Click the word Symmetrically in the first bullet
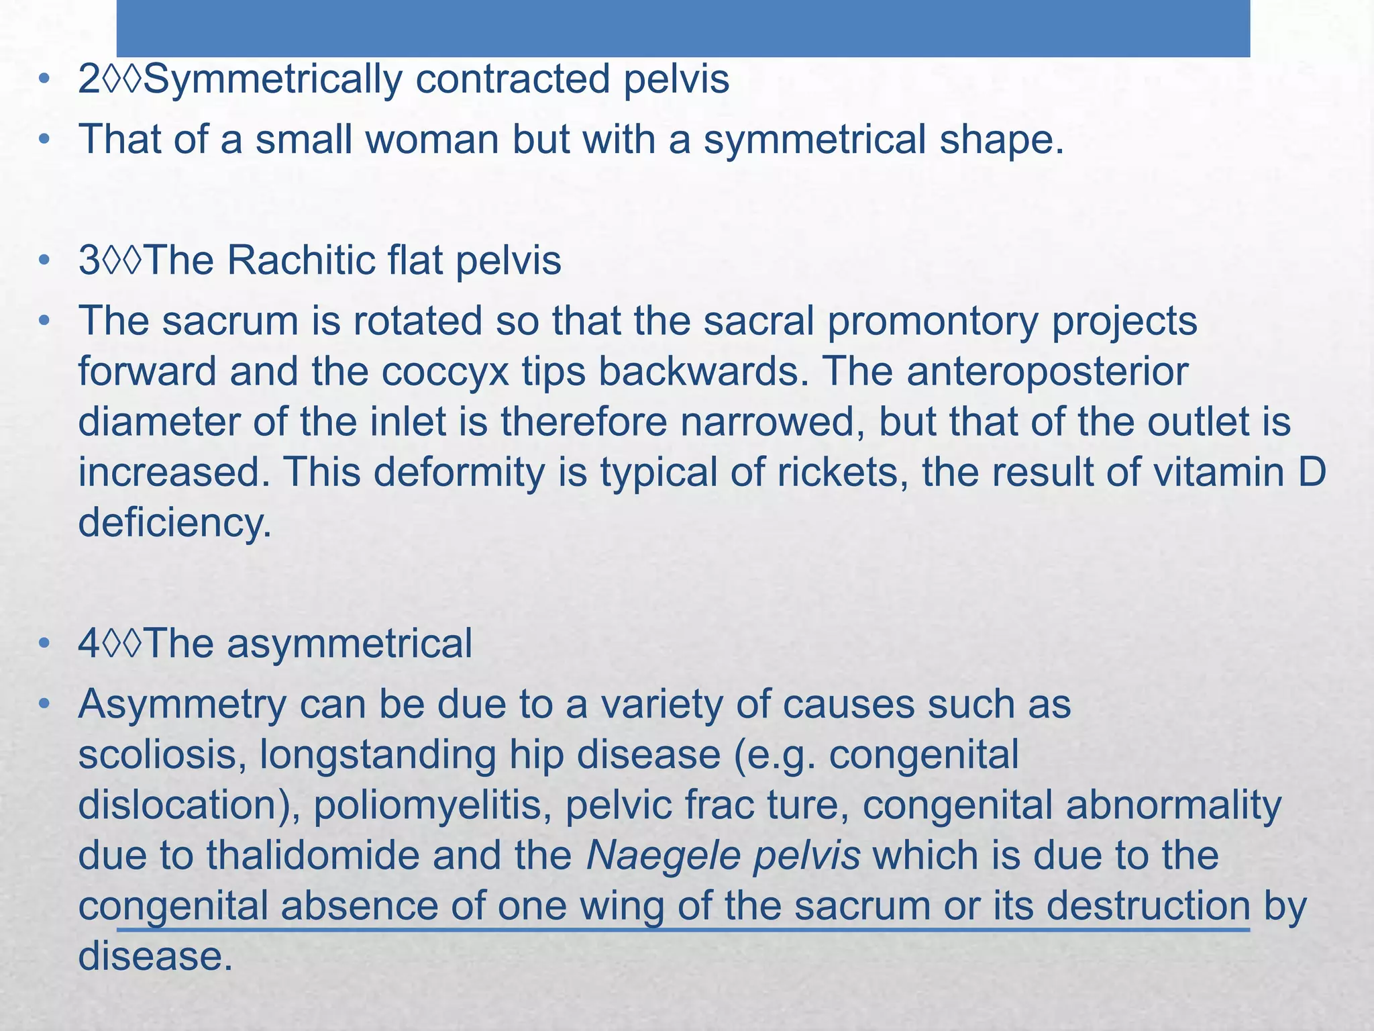click(272, 79)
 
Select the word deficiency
click(174, 523)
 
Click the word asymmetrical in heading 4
click(349, 643)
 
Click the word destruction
click(1148, 905)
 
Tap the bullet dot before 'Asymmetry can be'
click(44, 704)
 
